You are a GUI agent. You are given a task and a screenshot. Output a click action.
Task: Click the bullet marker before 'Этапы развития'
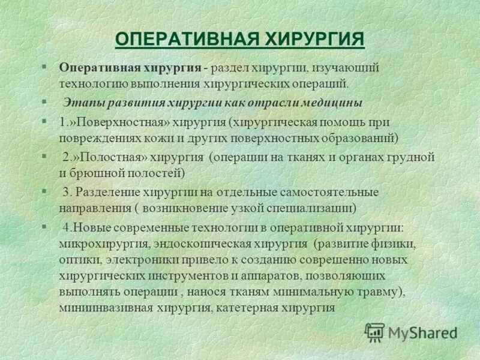click(44, 102)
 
